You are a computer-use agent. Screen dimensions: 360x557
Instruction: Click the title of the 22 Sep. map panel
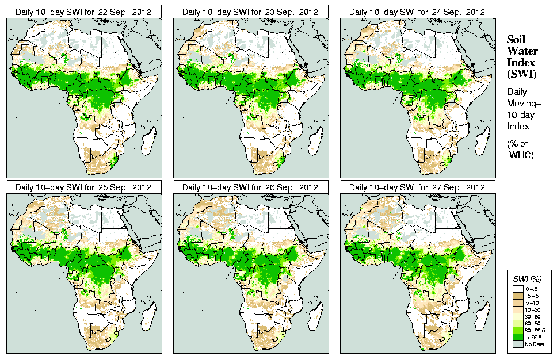point(83,12)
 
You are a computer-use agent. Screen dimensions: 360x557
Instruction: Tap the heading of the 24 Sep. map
point(418,12)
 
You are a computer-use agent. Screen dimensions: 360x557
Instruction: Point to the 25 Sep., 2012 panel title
point(83,187)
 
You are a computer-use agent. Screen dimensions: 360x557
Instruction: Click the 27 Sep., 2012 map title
point(418,187)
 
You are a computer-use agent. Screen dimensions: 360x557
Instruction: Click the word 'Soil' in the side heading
point(516,40)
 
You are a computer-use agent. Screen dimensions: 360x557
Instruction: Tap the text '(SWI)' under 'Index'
point(520,74)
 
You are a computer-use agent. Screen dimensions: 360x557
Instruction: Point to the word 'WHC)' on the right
point(522,155)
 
